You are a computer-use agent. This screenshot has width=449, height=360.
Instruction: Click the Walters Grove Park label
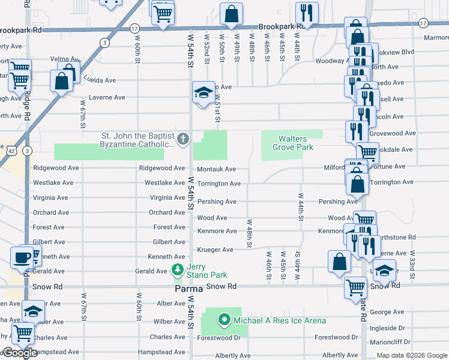[x=292, y=143]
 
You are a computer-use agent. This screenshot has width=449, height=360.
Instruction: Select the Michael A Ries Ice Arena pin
[x=224, y=320]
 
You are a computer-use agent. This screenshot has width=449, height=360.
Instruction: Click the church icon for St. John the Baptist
[x=182, y=139]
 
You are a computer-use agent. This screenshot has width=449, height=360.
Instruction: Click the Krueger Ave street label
[x=215, y=250]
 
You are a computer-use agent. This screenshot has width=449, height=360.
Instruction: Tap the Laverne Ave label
[x=107, y=97]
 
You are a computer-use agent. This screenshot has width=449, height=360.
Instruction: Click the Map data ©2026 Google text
[x=411, y=355]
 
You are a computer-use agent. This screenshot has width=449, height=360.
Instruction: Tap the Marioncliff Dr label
[x=391, y=341]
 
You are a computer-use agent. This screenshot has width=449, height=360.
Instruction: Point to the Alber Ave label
[x=170, y=304]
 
